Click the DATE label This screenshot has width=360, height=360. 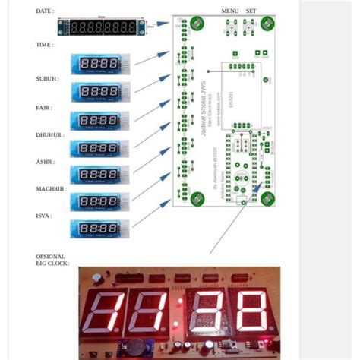pos(45,11)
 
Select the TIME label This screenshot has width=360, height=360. pos(44,45)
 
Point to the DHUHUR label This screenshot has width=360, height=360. pos(50,134)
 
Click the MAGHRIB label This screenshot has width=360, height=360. pos(51,188)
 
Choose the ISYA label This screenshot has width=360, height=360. pos(43,216)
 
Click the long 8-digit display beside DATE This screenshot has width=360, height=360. pos(102,27)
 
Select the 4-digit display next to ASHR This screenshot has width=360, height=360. pos(99,174)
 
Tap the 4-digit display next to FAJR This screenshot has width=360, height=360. pos(99,119)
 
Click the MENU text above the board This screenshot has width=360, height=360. pos(230,11)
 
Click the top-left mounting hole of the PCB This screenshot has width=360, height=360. pos(196,23)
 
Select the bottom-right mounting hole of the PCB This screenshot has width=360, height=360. pos(267,198)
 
